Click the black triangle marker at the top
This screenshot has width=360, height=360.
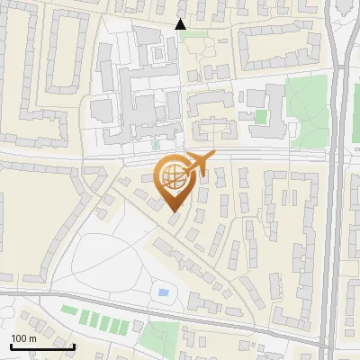click(181, 24)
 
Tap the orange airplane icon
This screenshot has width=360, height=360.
click(197, 165)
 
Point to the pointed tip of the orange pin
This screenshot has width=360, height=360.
click(174, 212)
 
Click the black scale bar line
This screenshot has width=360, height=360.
click(41, 346)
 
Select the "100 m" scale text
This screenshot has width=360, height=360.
click(23, 338)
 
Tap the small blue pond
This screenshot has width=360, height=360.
click(164, 292)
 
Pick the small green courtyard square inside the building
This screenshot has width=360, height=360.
click(261, 117)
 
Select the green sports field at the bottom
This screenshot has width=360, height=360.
click(161, 335)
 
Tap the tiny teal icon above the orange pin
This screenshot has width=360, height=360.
click(156, 144)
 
